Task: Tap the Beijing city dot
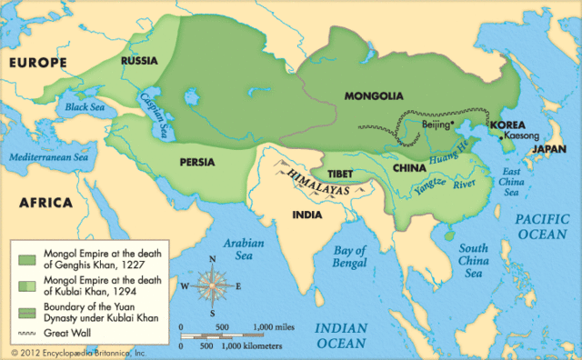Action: pyautogui.click(x=452, y=125)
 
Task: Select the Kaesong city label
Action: pyautogui.click(x=520, y=135)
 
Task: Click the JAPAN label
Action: pyautogui.click(x=549, y=148)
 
